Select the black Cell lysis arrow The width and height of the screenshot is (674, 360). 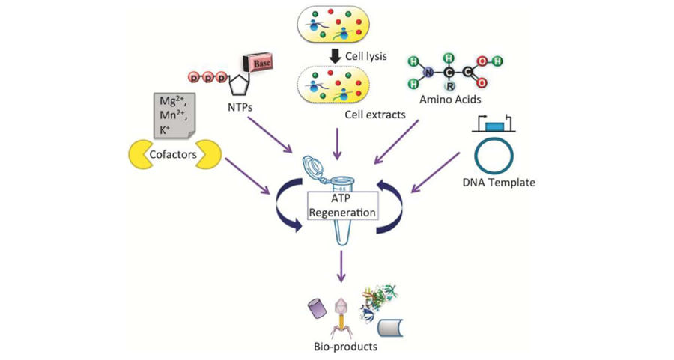coord(336,55)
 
